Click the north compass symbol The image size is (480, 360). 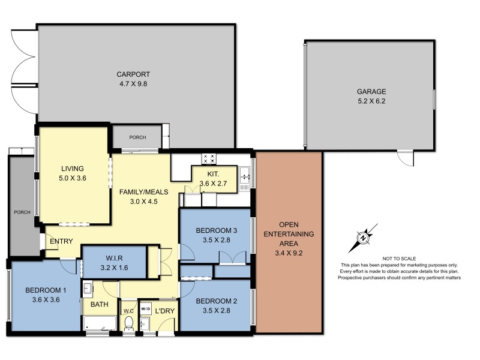(x=363, y=238)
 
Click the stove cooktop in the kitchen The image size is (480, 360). (x=209, y=159)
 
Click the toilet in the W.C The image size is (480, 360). (x=128, y=323)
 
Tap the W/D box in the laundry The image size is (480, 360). (x=146, y=308)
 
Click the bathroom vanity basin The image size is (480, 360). (x=88, y=289)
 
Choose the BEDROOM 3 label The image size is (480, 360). (x=215, y=235)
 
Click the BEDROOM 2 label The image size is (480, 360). (x=215, y=305)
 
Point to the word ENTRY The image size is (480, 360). (x=61, y=242)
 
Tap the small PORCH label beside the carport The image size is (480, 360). (x=137, y=137)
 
